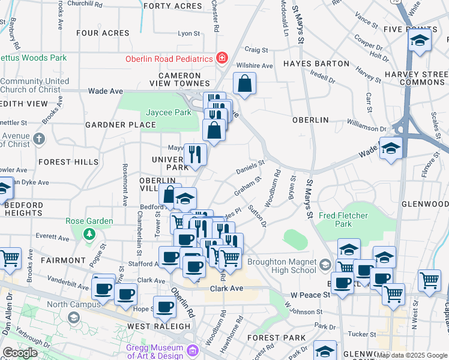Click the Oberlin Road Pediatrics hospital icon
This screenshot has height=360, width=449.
pyautogui.click(x=222, y=58)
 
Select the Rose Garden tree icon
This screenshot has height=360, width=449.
pyautogui.click(x=89, y=233)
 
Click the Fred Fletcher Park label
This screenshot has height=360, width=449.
pyautogui.click(x=343, y=220)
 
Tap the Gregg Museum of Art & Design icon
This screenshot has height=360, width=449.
pyautogui.click(x=193, y=350)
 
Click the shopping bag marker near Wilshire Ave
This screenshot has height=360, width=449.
pyautogui.click(x=244, y=84)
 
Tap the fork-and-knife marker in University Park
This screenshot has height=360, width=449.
pyautogui.click(x=194, y=154)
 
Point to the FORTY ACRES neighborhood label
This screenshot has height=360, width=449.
pyautogui.click(x=173, y=6)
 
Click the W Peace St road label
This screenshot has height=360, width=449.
pyautogui.click(x=310, y=295)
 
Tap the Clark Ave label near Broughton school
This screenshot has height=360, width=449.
pyautogui.click(x=226, y=289)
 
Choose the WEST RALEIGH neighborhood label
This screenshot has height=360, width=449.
pyautogui.click(x=158, y=326)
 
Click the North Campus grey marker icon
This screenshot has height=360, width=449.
pyautogui.click(x=74, y=316)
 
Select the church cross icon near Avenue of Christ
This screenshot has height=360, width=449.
pyautogui.click(x=39, y=139)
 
